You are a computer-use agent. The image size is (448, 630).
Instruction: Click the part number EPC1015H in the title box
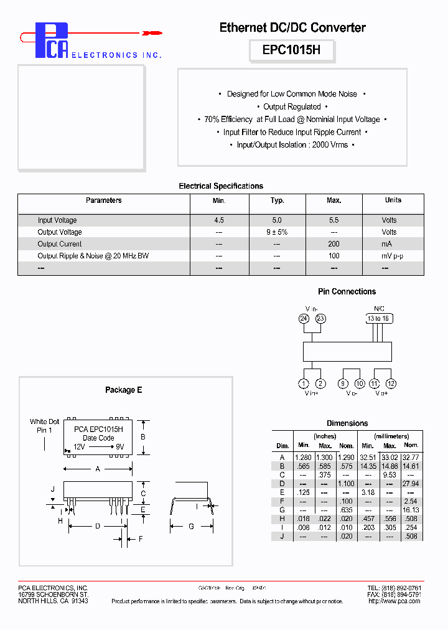click(292, 50)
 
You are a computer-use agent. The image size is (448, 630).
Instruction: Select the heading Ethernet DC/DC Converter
click(292, 27)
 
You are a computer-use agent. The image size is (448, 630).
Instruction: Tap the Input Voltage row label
click(57, 220)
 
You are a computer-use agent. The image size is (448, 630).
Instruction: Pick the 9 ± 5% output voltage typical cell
click(277, 232)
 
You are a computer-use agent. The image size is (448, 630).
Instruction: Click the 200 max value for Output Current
click(334, 244)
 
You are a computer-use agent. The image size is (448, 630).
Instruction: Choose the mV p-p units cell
click(393, 256)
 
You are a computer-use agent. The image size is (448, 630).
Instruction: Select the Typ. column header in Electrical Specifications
click(277, 200)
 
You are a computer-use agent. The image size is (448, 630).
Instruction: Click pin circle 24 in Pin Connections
click(304, 318)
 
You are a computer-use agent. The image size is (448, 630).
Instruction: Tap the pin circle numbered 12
click(391, 383)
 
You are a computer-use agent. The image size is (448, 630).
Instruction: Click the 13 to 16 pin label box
click(378, 318)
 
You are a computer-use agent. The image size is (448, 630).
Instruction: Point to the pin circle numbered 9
click(343, 383)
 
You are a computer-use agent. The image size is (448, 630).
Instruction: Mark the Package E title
click(123, 390)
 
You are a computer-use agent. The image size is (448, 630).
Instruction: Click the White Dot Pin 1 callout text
click(45, 426)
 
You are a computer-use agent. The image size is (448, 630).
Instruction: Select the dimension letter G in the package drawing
click(191, 526)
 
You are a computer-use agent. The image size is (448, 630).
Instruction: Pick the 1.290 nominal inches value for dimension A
click(346, 458)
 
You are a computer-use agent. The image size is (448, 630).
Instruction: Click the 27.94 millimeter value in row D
click(410, 484)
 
